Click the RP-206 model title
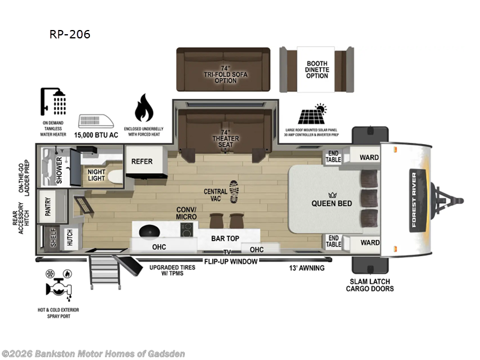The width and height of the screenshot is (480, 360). tap(70, 34)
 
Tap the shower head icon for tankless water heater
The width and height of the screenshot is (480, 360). tap(53, 102)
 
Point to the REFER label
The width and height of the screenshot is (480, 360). tap(142, 161)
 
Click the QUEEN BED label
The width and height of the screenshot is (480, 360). tap(331, 203)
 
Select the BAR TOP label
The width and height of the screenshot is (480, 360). tap(226, 238)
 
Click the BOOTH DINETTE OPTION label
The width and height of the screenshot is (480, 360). tap(317, 70)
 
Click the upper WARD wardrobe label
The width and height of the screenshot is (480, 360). tap(369, 157)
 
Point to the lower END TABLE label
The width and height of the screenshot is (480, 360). tap(334, 241)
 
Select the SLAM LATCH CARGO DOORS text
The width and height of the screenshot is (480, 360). tap(370, 285)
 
